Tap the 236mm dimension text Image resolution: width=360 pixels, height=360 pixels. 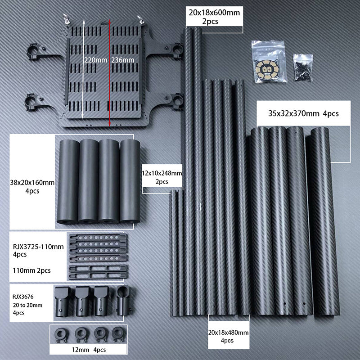click(120, 59)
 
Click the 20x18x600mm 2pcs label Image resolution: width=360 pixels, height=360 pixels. click(214, 17)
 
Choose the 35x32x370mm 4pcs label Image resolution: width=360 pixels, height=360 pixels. click(303, 114)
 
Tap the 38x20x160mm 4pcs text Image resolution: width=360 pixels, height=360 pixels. click(32, 187)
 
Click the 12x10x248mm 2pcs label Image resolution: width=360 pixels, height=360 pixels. click(162, 177)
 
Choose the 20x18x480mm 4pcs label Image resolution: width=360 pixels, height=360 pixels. click(228, 336)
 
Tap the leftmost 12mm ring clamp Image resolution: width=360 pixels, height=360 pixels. click(60, 334)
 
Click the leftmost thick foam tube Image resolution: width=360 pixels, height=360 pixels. click(68, 180)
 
